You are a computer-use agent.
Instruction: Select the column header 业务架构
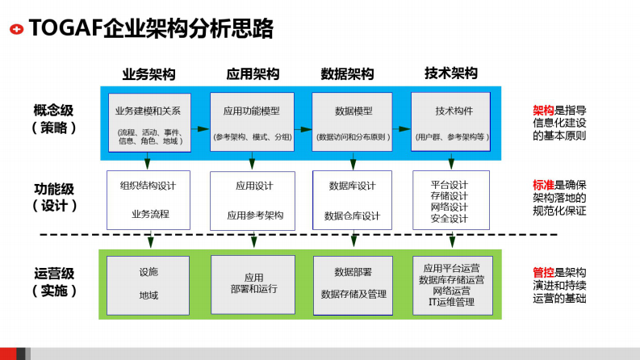(x=149, y=73)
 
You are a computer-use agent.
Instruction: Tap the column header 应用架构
(x=252, y=73)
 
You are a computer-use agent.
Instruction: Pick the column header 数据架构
(x=348, y=73)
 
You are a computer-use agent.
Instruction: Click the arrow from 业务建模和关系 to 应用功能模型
(x=200, y=128)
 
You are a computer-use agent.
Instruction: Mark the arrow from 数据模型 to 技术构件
(x=402, y=128)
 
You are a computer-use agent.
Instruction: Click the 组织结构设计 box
(x=148, y=199)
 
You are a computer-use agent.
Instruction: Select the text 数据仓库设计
(x=352, y=216)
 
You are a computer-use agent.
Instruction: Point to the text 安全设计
(x=450, y=219)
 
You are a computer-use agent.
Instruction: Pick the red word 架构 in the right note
(x=543, y=111)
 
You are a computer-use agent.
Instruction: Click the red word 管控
(x=543, y=272)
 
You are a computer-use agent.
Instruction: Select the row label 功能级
(x=54, y=188)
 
